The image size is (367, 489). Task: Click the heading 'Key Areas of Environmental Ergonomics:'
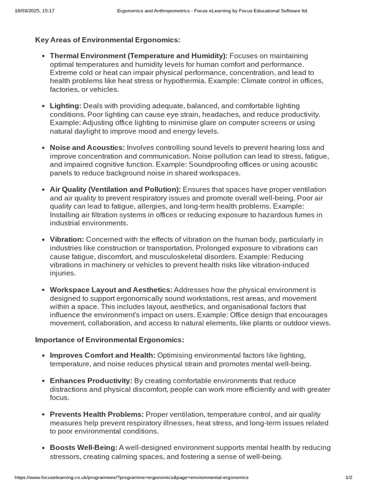[x=108, y=40]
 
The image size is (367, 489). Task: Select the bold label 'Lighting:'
[x=65, y=106]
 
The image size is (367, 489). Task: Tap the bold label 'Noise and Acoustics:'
[x=87, y=148]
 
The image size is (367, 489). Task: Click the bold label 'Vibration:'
[x=67, y=239]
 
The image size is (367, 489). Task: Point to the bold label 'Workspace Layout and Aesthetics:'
[x=111, y=290]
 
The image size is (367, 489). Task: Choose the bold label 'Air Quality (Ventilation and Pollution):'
[x=115, y=190]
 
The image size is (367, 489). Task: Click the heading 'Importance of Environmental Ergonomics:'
[x=109, y=340]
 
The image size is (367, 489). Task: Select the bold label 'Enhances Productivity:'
[x=91, y=381]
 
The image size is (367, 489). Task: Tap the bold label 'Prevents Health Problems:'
[x=97, y=414]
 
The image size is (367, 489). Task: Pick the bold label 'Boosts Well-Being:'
[x=84, y=447]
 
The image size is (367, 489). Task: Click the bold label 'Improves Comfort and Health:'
[x=102, y=355]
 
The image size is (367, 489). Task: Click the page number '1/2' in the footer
[x=349, y=478]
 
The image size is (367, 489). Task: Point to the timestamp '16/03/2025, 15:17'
[x=35, y=11]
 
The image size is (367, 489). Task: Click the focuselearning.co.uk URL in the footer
[x=132, y=478]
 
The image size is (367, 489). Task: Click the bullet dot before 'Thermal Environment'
[x=43, y=56]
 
